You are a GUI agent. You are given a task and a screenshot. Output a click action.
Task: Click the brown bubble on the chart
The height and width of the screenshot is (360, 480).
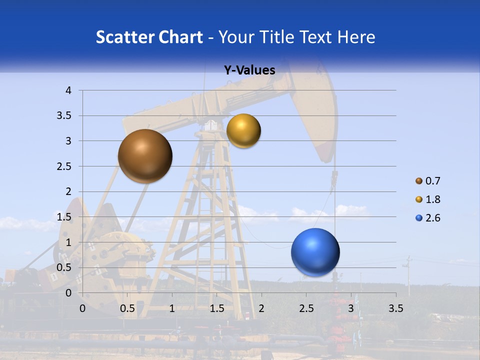click(145, 156)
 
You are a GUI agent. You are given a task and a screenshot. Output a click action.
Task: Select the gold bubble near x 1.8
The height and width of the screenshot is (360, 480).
click(243, 131)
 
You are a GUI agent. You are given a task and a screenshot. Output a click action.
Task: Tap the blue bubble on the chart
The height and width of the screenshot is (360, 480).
click(315, 252)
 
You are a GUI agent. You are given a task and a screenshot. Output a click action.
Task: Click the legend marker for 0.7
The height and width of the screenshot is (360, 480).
click(419, 180)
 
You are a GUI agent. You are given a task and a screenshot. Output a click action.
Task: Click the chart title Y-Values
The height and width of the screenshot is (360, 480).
click(249, 70)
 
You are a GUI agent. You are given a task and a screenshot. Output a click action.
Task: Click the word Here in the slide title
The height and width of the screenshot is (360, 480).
click(356, 37)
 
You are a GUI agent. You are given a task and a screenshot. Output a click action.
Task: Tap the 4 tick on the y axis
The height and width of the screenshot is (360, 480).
click(68, 90)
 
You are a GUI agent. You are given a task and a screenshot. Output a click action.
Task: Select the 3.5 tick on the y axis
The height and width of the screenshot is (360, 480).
click(64, 116)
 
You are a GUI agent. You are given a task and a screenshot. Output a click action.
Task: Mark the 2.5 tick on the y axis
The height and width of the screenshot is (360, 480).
click(64, 166)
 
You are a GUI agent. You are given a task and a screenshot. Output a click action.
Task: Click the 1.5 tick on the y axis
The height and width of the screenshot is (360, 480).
click(64, 217)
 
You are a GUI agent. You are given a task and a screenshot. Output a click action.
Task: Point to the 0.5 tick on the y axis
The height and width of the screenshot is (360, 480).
click(64, 267)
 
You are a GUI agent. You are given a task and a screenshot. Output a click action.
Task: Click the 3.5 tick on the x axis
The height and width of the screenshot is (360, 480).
click(395, 308)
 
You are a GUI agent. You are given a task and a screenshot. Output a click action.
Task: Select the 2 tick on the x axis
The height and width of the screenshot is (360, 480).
click(261, 308)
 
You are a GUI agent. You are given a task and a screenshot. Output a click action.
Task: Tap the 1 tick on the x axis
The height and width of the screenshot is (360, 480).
click(172, 308)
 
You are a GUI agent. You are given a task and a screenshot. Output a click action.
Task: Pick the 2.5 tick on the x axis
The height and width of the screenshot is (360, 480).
click(306, 308)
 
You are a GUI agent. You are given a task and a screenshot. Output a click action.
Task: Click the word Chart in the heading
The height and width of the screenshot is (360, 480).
click(180, 37)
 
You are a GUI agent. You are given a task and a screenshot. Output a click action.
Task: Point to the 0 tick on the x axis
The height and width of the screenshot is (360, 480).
click(82, 308)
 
